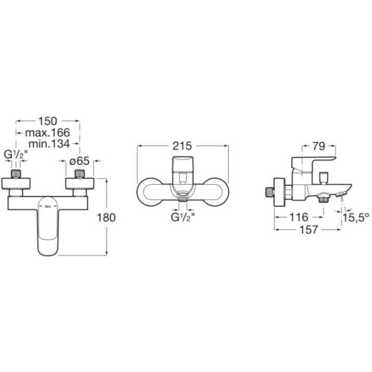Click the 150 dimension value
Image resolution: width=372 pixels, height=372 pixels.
pos(48,121)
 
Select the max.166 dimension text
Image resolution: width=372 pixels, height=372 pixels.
pos(47,133)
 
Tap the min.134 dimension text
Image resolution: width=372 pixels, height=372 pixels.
pos(49,144)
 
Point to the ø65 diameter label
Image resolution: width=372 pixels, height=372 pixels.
pos(80,161)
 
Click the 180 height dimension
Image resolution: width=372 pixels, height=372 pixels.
pos(106,217)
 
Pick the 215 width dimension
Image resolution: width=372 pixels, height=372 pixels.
pos(182,146)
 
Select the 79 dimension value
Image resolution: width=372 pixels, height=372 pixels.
pos(318,146)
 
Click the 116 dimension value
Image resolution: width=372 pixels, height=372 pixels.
pos(299,217)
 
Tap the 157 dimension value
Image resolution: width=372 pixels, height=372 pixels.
pos(309,229)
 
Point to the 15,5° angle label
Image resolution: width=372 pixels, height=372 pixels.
pos(356,217)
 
